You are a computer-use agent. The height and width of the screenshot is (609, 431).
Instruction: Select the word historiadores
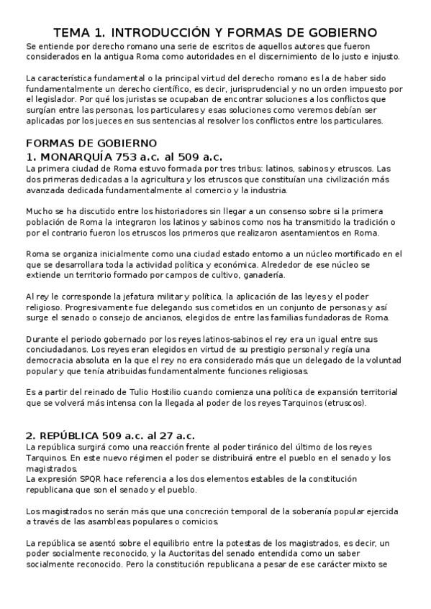tap(163, 211)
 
